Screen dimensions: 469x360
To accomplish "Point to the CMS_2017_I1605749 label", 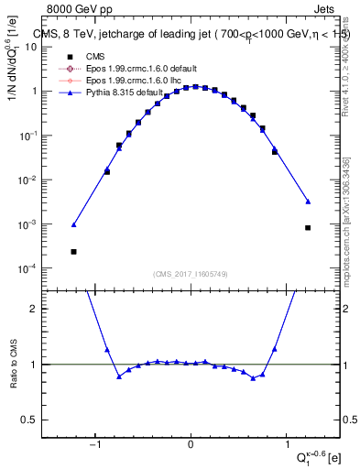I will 191,273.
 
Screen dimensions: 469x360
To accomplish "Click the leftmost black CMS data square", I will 73,251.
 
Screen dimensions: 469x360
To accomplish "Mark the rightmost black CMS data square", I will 308,228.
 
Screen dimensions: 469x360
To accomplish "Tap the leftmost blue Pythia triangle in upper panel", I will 73,224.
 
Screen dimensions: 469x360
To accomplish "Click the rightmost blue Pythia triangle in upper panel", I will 308,202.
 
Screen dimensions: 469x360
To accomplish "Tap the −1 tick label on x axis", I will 95,446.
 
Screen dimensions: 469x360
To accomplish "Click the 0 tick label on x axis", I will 191,446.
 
